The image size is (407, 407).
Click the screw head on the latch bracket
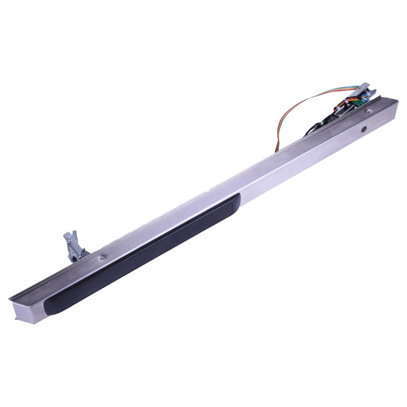(69, 235)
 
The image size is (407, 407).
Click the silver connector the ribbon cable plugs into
(361, 89)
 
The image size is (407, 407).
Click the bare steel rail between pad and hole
(301, 161)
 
